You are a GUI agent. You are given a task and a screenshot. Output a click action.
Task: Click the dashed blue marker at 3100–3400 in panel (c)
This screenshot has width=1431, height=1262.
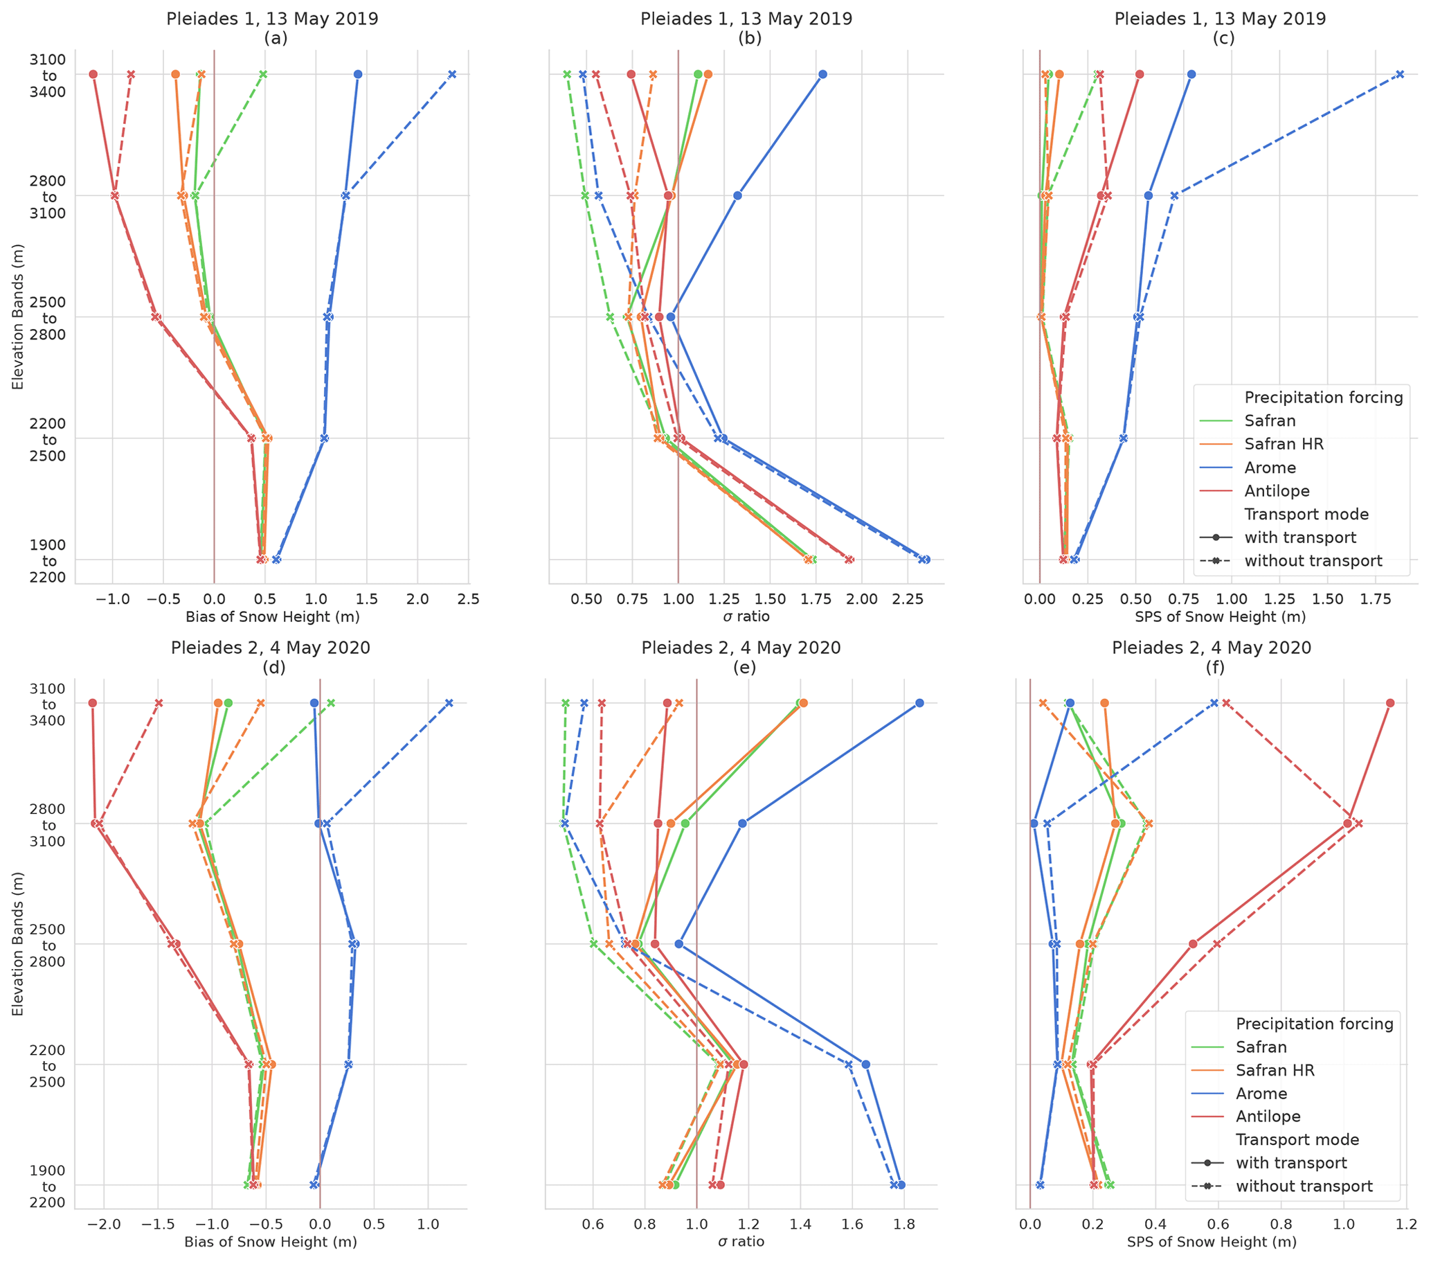[1399, 74]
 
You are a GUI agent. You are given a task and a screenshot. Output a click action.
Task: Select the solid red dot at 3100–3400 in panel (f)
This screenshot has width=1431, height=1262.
[1389, 702]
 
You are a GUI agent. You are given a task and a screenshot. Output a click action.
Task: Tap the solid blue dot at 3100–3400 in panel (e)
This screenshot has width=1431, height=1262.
[919, 702]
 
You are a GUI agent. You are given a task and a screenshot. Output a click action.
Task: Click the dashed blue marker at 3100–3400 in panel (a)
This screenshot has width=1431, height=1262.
[452, 74]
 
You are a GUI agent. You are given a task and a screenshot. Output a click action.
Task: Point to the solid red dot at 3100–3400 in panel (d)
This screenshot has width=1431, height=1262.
[92, 702]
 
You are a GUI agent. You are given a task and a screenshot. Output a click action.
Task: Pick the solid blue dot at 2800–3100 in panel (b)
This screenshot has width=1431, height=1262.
[737, 195]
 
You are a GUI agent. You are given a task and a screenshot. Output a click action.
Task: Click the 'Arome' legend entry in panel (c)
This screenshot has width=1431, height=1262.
[1270, 467]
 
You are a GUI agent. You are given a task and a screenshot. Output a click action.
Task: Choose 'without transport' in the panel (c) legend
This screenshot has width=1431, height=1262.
[1313, 561]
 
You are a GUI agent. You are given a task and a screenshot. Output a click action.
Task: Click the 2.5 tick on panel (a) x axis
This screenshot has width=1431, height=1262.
[469, 600]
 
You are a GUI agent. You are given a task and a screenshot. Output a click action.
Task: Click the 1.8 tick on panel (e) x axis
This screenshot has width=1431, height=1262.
[904, 1225]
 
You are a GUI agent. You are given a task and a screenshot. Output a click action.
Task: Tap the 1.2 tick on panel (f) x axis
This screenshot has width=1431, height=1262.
[1407, 1225]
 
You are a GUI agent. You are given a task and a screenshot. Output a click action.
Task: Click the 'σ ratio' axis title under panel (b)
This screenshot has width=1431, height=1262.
[746, 617]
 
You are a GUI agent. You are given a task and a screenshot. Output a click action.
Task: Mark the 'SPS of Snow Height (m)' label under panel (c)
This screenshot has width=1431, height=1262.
[1220, 617]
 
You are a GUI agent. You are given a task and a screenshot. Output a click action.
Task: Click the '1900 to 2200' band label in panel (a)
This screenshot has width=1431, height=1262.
[48, 561]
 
